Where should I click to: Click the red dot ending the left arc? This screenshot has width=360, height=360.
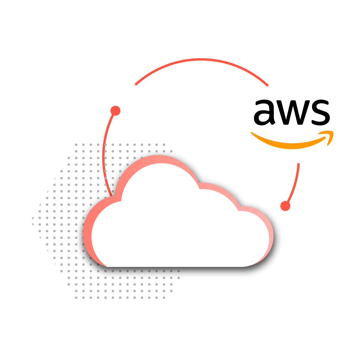coord(115,111)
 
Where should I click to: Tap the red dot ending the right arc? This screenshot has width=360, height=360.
coord(285,206)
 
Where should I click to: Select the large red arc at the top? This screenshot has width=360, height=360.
coord(201,60)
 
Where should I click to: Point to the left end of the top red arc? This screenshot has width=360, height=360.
coord(136,84)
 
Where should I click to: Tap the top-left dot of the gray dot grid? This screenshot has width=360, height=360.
coord(76,145)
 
